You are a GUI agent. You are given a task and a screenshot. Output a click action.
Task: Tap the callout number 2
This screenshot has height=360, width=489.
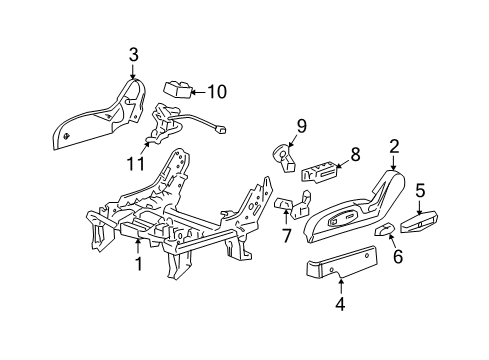[x=394, y=148]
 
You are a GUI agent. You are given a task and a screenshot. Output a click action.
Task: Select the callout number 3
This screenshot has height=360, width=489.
[x=133, y=55]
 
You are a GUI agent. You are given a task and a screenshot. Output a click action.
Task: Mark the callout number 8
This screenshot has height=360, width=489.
[x=353, y=156]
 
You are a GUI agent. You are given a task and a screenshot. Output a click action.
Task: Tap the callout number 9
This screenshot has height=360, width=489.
[x=290, y=127]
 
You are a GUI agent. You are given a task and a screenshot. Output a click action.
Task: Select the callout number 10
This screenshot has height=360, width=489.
[x=216, y=92]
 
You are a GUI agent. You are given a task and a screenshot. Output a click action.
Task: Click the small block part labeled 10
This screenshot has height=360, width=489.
[x=178, y=90]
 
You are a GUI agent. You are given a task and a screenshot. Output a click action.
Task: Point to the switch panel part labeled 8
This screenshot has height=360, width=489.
[x=320, y=173]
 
